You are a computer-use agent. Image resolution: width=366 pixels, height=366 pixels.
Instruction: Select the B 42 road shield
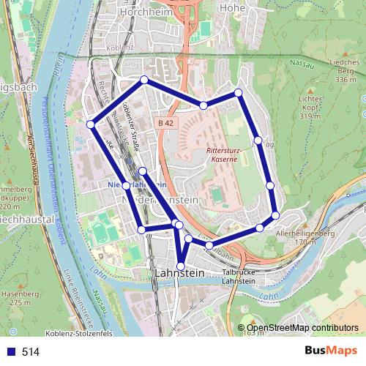(165, 124)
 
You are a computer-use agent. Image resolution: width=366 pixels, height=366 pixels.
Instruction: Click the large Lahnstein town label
(179, 272)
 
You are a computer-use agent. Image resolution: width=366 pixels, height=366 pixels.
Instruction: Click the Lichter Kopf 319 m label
(310, 107)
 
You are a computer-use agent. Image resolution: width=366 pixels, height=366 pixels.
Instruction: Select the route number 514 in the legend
(31, 351)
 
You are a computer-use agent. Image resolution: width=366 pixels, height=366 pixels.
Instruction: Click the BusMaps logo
(329, 351)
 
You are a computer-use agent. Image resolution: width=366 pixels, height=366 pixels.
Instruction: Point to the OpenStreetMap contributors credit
(298, 328)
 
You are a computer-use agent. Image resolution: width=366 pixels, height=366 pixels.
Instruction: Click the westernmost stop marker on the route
(91, 124)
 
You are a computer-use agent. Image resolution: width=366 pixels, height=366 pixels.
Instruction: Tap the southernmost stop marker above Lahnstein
(182, 266)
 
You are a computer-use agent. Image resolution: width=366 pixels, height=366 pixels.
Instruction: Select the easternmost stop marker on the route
(275, 215)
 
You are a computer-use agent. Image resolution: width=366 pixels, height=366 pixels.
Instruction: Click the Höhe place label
(232, 8)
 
